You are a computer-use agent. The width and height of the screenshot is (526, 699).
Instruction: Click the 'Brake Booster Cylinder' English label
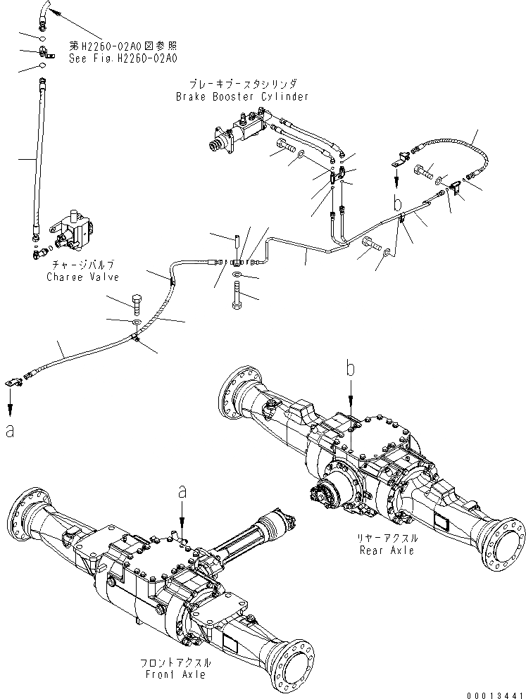coord(242,96)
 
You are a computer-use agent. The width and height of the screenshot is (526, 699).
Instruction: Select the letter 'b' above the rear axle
coord(350,368)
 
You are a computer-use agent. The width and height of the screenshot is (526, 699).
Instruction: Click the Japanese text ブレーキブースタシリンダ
coord(242,84)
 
